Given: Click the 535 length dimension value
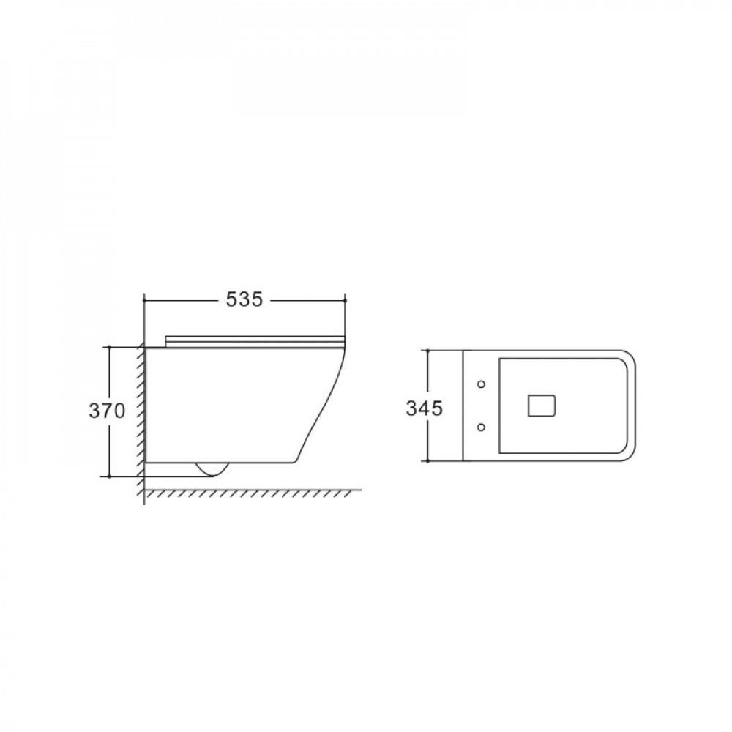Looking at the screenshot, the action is tap(244, 299).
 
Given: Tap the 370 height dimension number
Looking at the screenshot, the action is tap(107, 411).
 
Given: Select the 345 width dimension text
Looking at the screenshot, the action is tap(424, 408).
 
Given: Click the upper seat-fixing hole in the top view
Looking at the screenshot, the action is tap(482, 384).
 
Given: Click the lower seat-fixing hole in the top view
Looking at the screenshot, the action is tap(482, 427).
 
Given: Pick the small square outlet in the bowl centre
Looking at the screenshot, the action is tap(542, 406).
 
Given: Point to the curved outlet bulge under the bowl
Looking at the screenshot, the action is tap(212, 469).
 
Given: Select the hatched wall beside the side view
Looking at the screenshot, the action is tap(141, 418).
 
